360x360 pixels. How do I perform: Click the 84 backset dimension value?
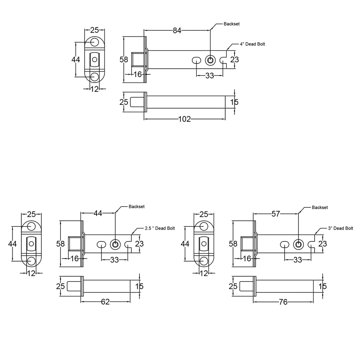click(177, 30)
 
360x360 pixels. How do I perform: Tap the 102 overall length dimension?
click(185, 119)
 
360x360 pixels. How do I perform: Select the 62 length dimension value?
click(105, 302)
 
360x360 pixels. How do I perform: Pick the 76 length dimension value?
click(283, 302)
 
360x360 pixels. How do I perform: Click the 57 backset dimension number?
click(276, 214)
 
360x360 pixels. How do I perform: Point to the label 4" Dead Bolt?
click(252, 44)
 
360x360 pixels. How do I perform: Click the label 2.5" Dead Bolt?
click(160, 228)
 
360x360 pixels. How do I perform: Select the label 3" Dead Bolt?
click(341, 228)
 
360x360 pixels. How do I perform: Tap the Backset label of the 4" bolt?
click(231, 24)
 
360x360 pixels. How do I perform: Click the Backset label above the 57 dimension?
click(320, 207)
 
